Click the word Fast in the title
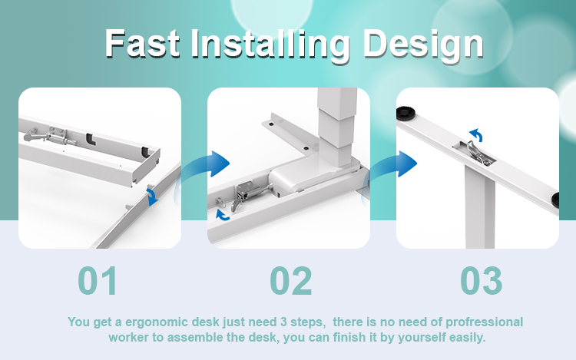tap(142, 43)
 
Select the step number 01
tap(98, 281)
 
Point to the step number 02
tap(291, 281)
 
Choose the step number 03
tap(482, 281)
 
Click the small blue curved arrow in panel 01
tap(152, 197)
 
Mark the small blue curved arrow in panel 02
tap(221, 216)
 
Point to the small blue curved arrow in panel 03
tap(476, 134)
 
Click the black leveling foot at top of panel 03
tap(406, 112)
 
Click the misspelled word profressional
tap(484, 322)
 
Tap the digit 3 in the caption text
tap(283, 322)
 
